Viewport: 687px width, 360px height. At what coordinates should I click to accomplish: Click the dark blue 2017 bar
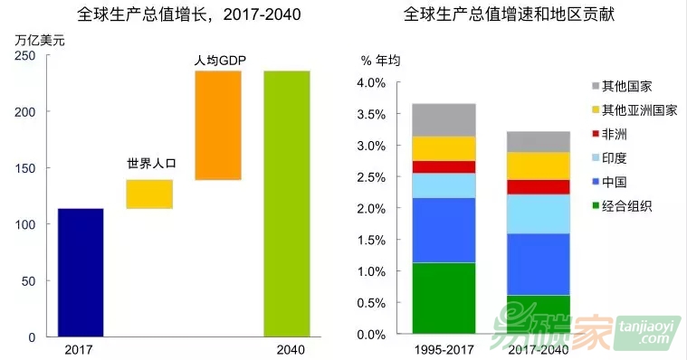81,272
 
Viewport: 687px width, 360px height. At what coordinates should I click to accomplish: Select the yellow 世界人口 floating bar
149,194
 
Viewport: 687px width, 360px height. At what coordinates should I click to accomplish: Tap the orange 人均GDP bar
218,125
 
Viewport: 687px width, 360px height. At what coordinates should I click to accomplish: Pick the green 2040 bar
287,204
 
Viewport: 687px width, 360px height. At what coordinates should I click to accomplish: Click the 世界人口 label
151,164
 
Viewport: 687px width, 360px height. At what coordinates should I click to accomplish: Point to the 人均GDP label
220,61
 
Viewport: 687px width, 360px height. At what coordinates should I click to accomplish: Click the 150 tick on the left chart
25,168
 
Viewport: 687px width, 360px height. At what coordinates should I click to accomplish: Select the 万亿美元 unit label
40,41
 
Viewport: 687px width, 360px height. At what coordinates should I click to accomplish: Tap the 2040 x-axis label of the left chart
291,349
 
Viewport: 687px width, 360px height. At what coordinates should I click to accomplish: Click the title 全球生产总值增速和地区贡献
509,14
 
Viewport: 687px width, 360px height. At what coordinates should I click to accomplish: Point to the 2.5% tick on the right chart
371,177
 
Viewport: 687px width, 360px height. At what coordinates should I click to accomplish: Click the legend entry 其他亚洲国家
635,110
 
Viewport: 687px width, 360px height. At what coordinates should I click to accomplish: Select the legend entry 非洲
609,134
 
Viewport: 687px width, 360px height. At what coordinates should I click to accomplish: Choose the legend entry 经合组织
622,205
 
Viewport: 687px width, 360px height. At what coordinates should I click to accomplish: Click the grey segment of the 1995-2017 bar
444,120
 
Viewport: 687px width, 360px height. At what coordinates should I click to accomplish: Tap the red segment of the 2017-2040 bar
539,187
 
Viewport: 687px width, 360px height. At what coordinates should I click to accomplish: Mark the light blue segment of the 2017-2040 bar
539,214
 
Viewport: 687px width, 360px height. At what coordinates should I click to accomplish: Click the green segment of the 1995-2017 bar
444,298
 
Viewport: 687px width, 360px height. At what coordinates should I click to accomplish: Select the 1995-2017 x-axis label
444,349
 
